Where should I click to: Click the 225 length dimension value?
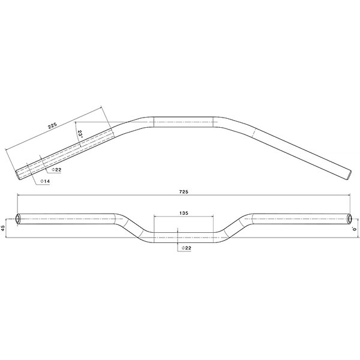(52, 125)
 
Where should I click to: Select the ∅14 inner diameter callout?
(44, 181)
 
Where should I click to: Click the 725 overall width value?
(184, 191)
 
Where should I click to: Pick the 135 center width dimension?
(184, 212)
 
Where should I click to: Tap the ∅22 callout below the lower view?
(185, 248)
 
